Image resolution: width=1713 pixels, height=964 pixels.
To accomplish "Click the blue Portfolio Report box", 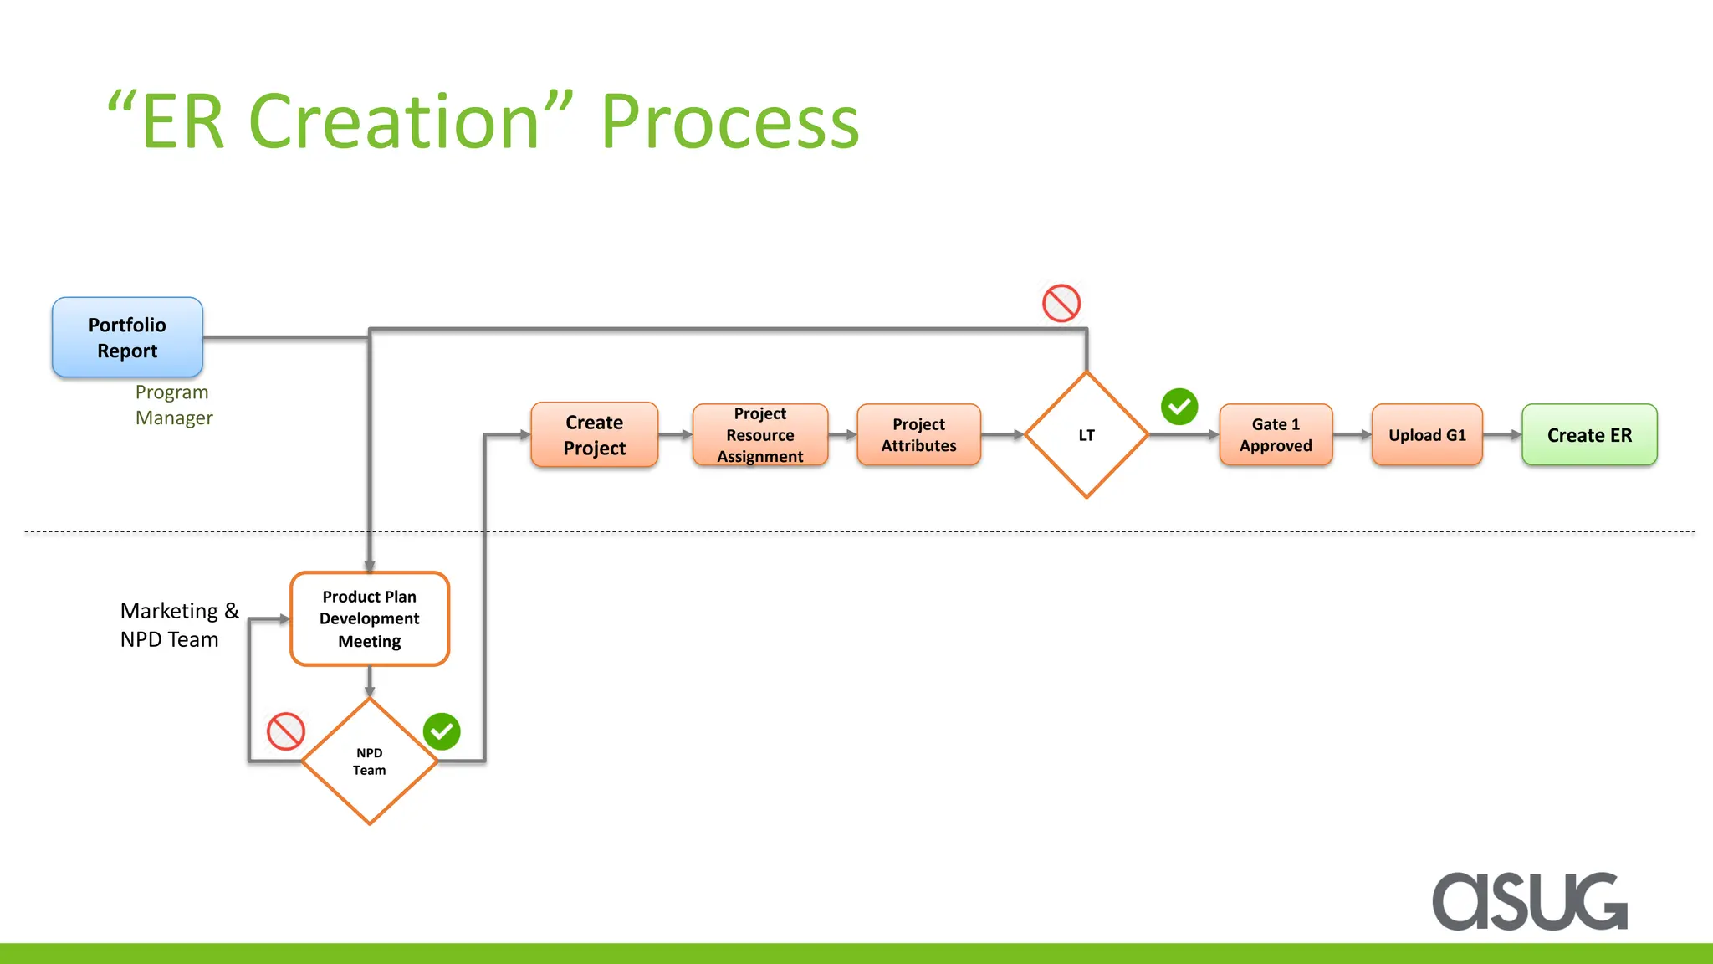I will coord(127,337).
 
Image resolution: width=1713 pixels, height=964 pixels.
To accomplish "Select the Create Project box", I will coord(594,435).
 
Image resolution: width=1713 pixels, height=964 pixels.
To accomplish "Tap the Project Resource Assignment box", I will coord(759,435).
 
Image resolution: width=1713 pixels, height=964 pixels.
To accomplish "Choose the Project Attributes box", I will coord(918,435).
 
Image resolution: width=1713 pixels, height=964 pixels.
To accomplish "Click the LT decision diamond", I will coord(1086,435).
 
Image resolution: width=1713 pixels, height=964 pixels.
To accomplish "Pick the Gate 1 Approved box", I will coord(1276,435).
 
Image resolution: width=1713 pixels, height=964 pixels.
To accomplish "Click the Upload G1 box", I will coord(1427,435).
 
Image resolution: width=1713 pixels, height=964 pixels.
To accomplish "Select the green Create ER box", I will coord(1589,435).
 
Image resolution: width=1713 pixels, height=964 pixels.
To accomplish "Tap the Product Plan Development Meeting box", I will coord(369,619).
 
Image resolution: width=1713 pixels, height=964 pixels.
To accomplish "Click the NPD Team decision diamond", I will coord(369,761).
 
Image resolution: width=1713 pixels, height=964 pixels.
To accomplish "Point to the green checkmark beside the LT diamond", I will coord(1179,407).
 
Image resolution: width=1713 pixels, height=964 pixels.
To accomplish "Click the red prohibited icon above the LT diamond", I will coord(1061,303).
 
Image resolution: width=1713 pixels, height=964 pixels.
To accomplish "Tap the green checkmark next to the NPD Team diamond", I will coord(442,731).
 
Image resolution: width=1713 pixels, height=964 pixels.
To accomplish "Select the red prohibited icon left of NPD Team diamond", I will coord(285,731).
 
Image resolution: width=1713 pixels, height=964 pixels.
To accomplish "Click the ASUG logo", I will coord(1529,901).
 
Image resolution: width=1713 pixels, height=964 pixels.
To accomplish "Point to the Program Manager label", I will coord(173,405).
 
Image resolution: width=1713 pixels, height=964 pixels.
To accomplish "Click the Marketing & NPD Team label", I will coord(179,625).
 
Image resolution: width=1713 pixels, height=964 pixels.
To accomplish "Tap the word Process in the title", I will coord(729,122).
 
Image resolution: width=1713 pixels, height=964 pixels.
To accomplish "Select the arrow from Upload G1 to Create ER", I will coord(1502,435).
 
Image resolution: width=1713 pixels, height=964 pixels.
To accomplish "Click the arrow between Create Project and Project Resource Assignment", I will coord(675,435).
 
